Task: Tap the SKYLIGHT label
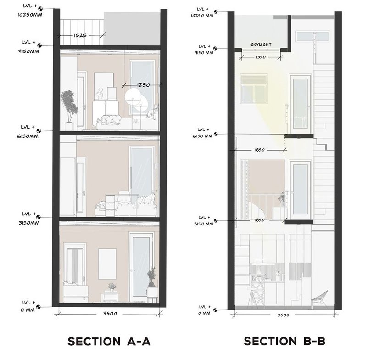pyautogui.click(x=261, y=45)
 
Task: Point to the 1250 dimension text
pyautogui.click(x=143, y=85)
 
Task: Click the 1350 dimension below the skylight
pyautogui.click(x=261, y=58)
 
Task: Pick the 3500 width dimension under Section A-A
pyautogui.click(x=109, y=314)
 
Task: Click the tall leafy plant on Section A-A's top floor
pyautogui.click(x=69, y=106)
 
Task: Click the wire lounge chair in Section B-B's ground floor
pyautogui.click(x=319, y=300)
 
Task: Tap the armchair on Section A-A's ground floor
pyautogui.click(x=75, y=291)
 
